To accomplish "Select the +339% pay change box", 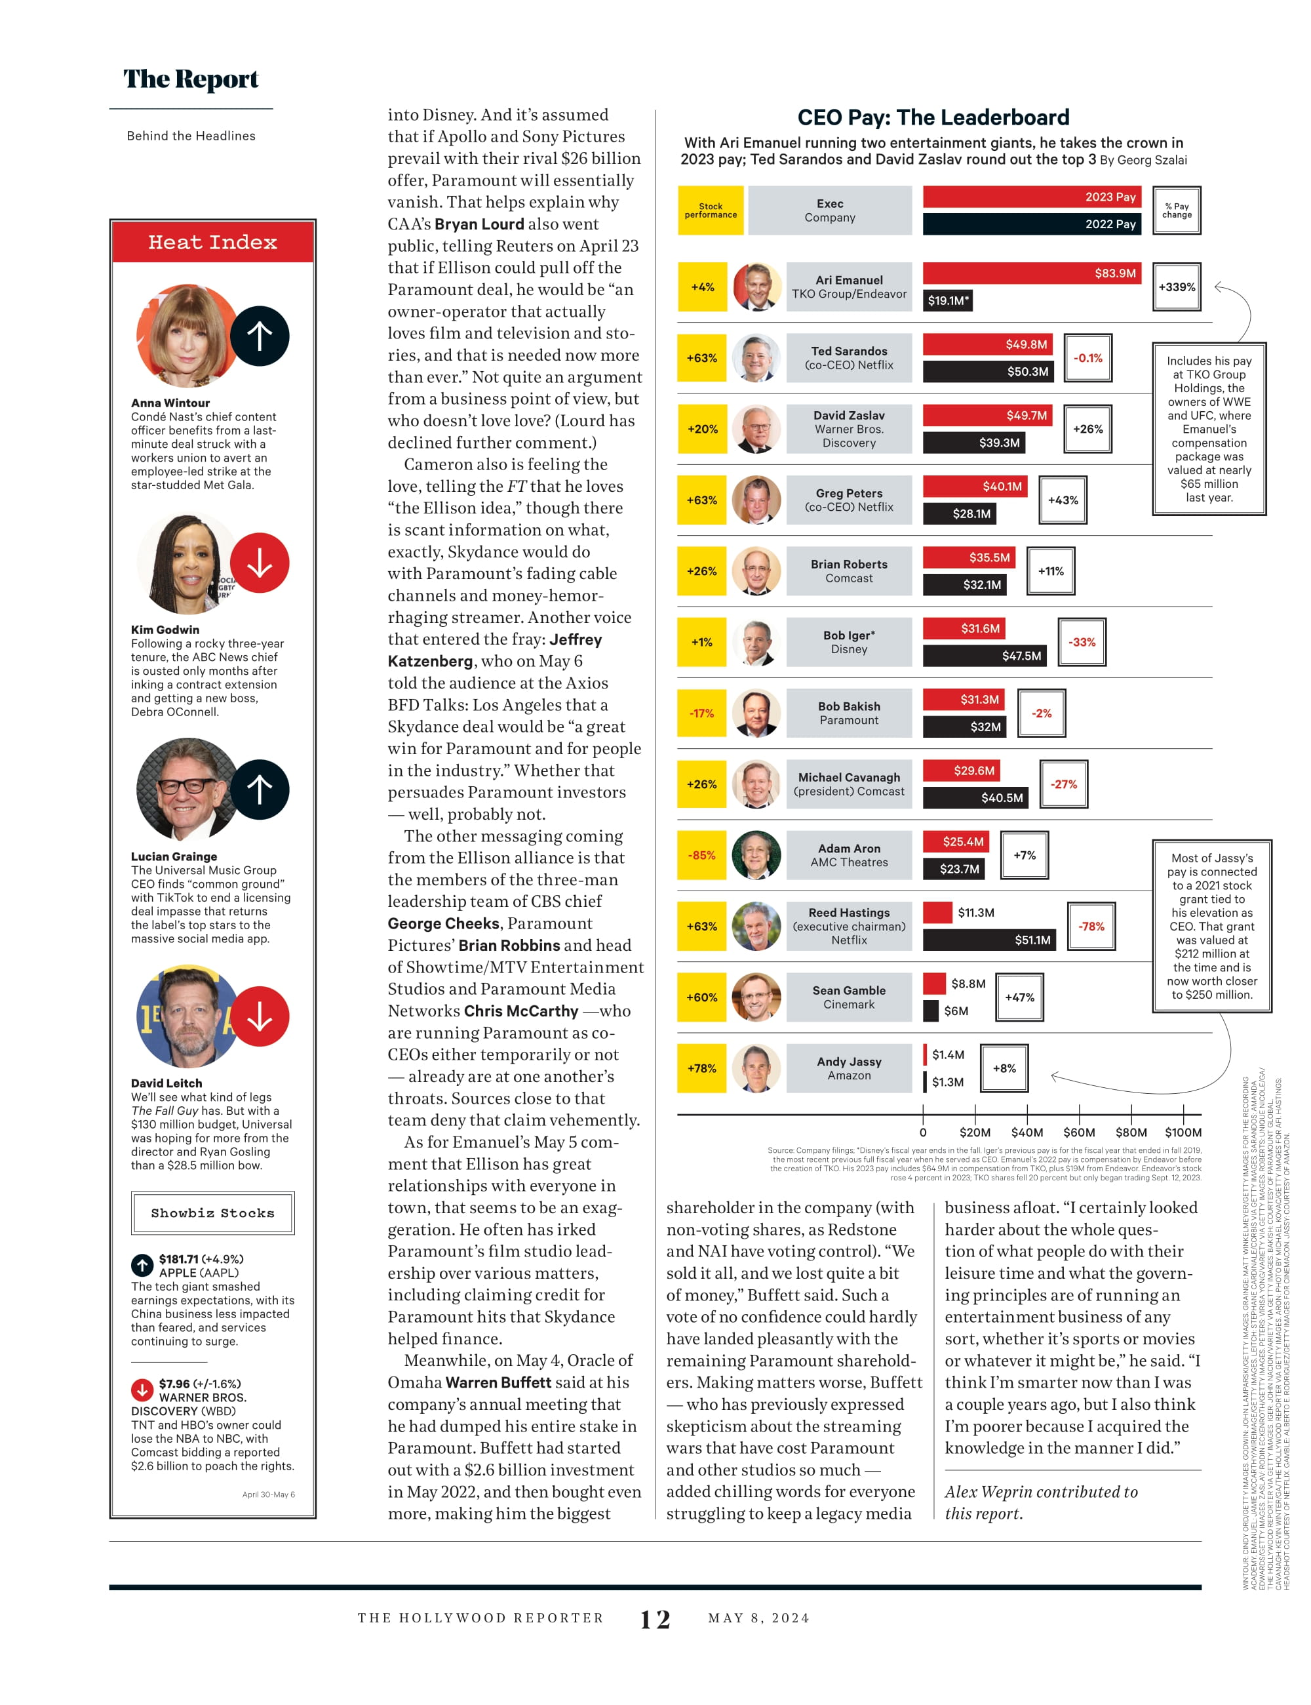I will [x=1176, y=287].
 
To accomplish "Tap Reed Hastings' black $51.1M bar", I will [x=988, y=940].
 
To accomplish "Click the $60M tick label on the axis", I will [x=1078, y=1133].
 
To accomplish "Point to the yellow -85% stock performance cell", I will [x=701, y=856].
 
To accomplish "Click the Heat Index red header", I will [x=213, y=242].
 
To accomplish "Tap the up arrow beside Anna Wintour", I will [x=260, y=336].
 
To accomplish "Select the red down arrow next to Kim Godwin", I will [x=260, y=563].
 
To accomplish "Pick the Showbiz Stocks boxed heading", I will [x=213, y=1213].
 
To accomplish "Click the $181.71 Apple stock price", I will [x=179, y=1259].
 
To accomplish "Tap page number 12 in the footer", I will [x=655, y=1620].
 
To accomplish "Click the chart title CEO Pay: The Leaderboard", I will [x=933, y=118].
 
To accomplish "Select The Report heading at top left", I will [x=191, y=79].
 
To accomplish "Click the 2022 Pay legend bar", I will [x=1032, y=224].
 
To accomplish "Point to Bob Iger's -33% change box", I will [x=1082, y=643].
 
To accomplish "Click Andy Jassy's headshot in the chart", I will [x=756, y=1069].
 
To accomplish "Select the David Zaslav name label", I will [x=849, y=415].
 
